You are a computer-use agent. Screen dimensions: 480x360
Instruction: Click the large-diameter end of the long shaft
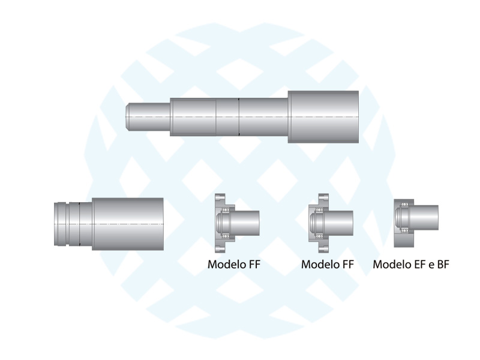323,116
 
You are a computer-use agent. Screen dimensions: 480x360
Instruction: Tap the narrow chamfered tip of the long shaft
149,116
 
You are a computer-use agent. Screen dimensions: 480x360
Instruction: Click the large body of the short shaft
128,224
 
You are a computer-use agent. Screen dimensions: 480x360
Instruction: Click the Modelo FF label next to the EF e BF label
328,264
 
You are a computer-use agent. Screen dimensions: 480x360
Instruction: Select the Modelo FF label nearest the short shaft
234,264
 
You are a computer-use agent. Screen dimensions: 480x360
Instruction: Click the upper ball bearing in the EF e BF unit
404,204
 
